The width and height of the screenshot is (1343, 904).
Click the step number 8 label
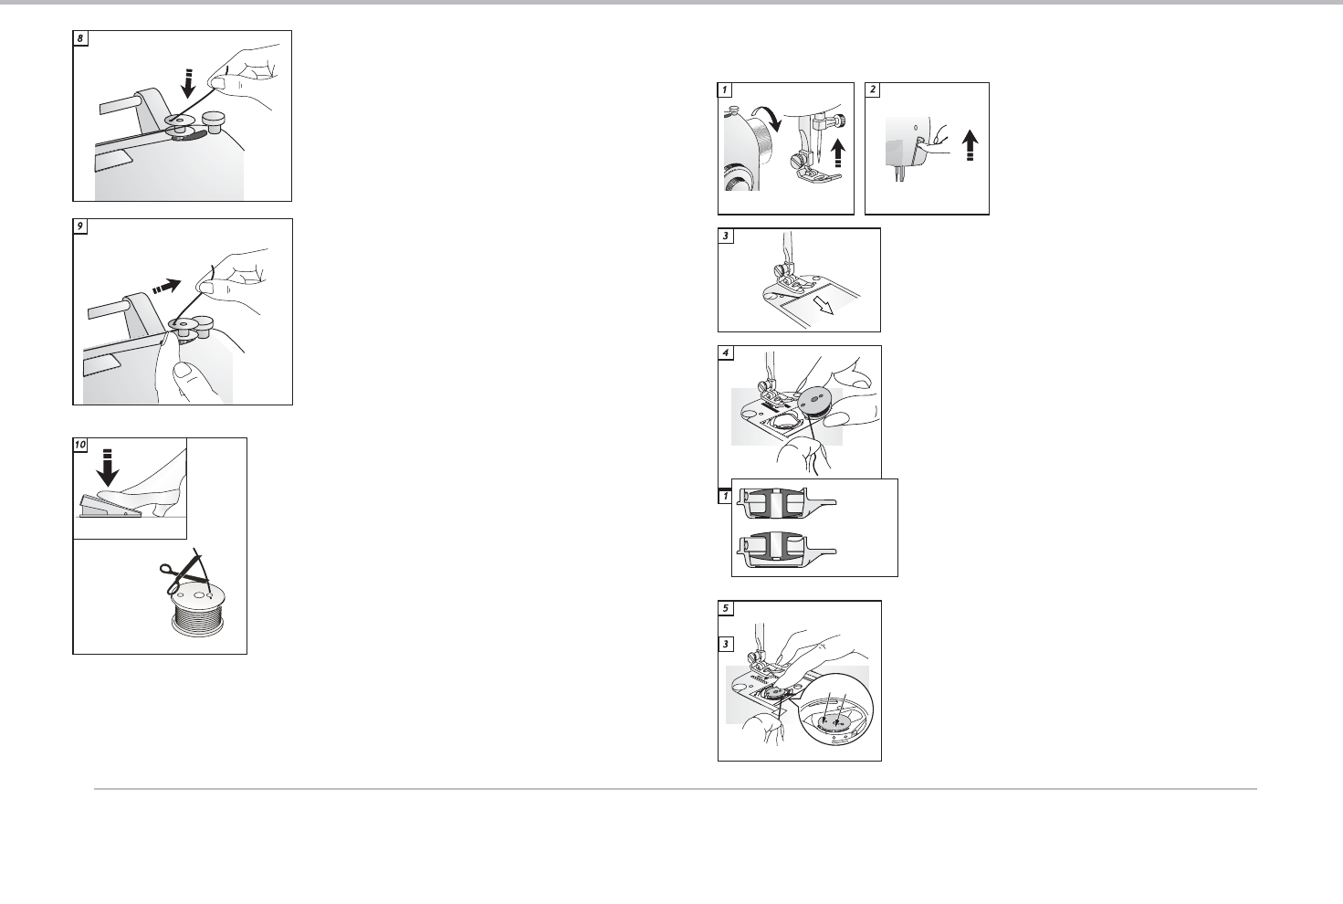(x=80, y=38)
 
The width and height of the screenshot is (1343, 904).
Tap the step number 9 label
(x=80, y=226)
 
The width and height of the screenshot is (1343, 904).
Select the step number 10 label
(x=80, y=445)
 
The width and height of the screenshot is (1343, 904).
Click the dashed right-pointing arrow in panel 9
(x=167, y=286)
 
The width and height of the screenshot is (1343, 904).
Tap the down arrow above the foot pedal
(x=108, y=468)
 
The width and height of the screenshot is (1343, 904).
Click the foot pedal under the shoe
(x=110, y=507)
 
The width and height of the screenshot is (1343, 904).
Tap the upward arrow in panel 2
(x=971, y=146)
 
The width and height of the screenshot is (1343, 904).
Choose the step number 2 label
(x=873, y=89)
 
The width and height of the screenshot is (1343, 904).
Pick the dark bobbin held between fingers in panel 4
(x=816, y=407)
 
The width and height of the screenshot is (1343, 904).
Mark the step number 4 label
(x=726, y=353)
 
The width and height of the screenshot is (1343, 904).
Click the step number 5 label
(x=726, y=608)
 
